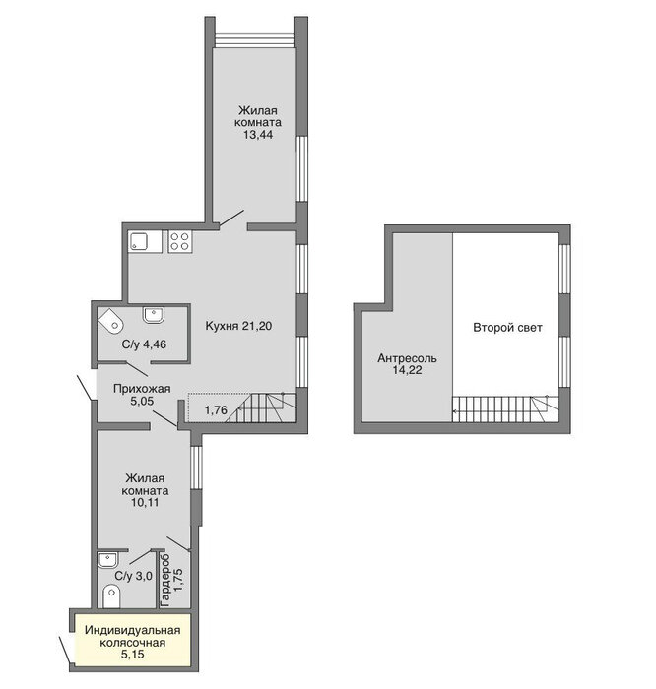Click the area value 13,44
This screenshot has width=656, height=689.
click(x=258, y=135)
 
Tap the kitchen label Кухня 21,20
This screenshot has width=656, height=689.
click(x=238, y=326)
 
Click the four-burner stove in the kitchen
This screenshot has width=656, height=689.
click(x=180, y=242)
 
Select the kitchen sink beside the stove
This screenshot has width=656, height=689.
click(x=145, y=242)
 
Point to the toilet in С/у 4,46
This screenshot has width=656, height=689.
click(x=110, y=320)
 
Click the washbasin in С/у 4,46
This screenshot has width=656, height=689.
click(x=154, y=314)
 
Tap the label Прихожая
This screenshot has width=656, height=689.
click(x=142, y=389)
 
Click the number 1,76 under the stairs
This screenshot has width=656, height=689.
click(x=216, y=410)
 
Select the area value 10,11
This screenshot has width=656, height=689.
click(x=145, y=502)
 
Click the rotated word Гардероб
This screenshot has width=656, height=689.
click(x=165, y=581)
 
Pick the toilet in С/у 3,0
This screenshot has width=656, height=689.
click(x=111, y=596)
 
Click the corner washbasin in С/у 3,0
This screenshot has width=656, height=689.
click(x=107, y=560)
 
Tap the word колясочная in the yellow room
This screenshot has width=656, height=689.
click(x=132, y=643)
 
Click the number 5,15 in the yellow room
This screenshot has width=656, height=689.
click(x=132, y=655)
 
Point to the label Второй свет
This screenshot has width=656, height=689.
click(x=507, y=328)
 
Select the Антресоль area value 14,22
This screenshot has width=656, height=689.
click(x=407, y=370)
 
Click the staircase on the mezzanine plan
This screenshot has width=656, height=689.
click(x=505, y=409)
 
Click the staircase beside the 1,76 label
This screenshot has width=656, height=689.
click(x=262, y=407)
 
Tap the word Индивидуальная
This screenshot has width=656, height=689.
click(x=132, y=631)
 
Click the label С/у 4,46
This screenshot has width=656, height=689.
click(x=144, y=344)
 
